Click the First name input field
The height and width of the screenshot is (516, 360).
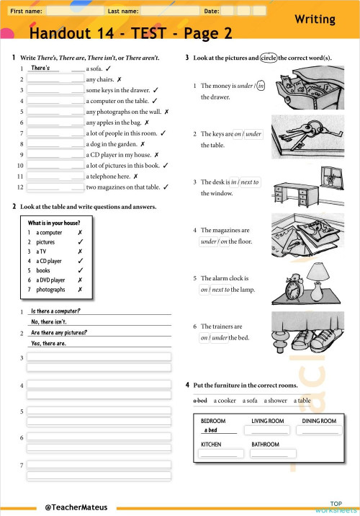coord(73,12)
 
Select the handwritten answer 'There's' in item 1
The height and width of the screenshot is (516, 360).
coord(45,68)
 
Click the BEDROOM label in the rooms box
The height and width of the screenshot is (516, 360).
coord(213,421)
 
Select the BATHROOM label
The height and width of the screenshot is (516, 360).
coord(265,445)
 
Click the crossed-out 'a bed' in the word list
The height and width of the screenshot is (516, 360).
coord(200,401)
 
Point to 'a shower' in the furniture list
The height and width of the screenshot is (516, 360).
coord(275,401)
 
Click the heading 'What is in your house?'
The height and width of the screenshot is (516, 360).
coord(53,223)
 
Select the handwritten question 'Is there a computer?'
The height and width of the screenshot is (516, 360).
coord(56,311)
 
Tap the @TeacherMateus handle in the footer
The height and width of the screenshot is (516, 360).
coord(76,507)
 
